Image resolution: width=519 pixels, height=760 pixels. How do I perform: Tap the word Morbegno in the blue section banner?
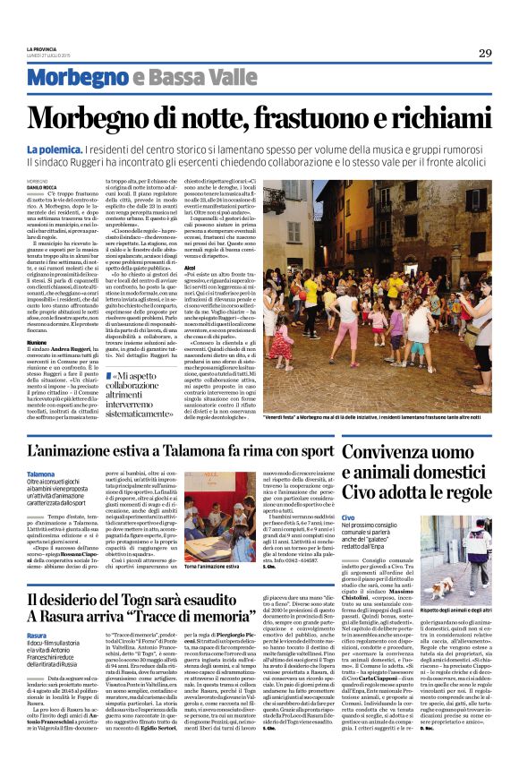(x=68, y=78)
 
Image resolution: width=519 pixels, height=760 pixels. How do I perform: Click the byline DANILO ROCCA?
(x=44, y=186)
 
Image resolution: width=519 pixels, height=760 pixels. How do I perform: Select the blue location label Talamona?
(x=41, y=474)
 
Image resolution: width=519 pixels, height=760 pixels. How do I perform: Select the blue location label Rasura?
(x=38, y=635)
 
